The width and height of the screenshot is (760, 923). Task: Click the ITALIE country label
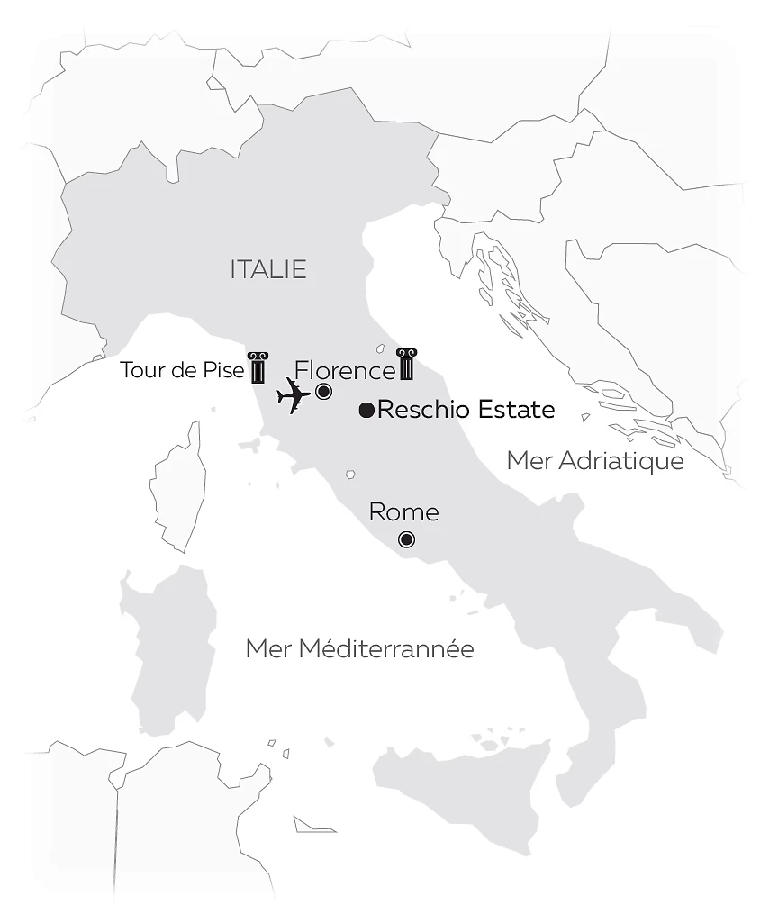[x=268, y=269]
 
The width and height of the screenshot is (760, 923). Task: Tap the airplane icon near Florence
[x=294, y=395]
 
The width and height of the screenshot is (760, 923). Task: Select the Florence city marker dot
[x=323, y=392]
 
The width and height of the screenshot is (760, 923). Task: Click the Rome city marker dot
[x=406, y=539]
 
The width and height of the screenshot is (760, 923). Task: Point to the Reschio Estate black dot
[x=366, y=411]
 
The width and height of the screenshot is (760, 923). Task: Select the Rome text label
[x=403, y=512]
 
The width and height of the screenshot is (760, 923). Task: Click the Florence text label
[x=345, y=370]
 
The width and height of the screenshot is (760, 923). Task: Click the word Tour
[x=140, y=370]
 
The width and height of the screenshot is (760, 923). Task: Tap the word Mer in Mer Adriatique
[x=528, y=461]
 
